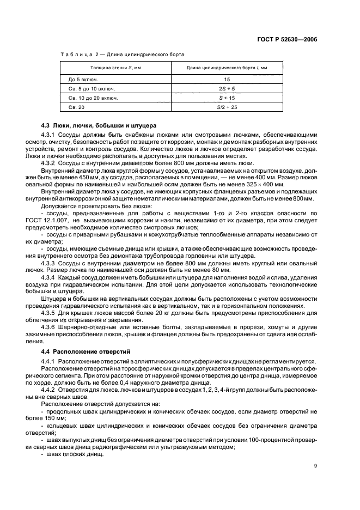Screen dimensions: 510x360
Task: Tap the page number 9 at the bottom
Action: click(x=315, y=465)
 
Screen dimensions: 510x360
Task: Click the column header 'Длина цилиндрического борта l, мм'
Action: click(x=227, y=68)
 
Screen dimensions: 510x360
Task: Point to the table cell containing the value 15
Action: click(x=227, y=79)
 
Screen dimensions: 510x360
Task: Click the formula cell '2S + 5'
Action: click(x=227, y=88)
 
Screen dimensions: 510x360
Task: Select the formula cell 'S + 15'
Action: click(x=227, y=98)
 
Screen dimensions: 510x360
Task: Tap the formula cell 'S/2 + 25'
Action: click(x=227, y=108)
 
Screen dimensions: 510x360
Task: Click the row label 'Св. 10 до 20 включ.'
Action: click(x=89, y=98)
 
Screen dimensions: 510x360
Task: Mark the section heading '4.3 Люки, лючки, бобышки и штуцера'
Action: click(x=99, y=125)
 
